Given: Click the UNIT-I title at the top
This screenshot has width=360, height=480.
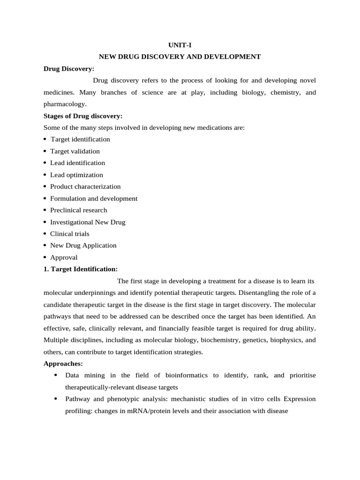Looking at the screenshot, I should tap(180, 45).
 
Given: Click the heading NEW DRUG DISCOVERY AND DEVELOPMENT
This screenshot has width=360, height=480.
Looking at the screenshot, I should tap(180, 57).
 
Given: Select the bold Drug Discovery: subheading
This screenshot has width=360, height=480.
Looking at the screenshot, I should tap(69, 68).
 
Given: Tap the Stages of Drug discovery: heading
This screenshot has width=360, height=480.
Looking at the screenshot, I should tap(83, 116).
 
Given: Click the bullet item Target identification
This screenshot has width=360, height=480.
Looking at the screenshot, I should tap(80, 139).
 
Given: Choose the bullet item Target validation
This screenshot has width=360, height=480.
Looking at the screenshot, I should tap(75, 151).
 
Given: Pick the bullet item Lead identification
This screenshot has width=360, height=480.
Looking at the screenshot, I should tap(77, 163).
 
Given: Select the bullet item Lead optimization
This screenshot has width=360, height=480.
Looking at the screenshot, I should tap(76, 175).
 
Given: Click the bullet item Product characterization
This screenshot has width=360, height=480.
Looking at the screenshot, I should tap(85, 187).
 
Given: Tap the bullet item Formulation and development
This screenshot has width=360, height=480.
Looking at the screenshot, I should tap(94, 198).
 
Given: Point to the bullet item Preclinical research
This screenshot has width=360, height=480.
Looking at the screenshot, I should tap(78, 210).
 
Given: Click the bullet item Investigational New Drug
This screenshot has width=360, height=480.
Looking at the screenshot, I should tap(88, 222).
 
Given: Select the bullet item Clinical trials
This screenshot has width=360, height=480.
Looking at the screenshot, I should tap(70, 234).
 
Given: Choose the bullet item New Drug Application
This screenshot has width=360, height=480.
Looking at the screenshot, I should tap(83, 245).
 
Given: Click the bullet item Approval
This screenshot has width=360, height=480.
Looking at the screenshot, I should tap(64, 257).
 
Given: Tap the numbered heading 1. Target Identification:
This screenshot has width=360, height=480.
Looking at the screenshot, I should tap(81, 269).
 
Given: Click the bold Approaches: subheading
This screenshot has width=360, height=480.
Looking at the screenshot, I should tap(62, 364).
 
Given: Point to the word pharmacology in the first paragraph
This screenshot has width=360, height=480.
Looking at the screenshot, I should tap(65, 104).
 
